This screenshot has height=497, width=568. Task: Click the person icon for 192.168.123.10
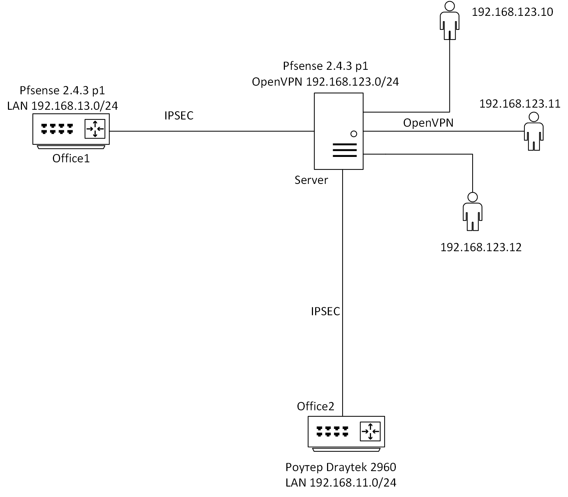[x=450, y=21]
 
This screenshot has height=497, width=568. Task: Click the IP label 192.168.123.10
[x=512, y=12]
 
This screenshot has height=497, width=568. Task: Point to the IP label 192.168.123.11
[x=520, y=104]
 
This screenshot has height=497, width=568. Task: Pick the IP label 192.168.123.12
[x=481, y=247]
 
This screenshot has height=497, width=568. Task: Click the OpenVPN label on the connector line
[x=428, y=123]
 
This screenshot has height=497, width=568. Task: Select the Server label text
[x=311, y=180]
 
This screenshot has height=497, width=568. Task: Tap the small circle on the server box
[x=354, y=134]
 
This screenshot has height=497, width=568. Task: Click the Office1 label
[x=71, y=158]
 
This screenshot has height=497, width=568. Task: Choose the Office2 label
[x=316, y=406]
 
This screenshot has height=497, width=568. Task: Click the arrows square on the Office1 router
[x=95, y=129]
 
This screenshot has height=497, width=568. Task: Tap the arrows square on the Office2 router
[x=370, y=431]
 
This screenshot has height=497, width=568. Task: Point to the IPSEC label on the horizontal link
[x=179, y=116]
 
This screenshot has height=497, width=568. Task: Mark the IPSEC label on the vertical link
[x=326, y=311]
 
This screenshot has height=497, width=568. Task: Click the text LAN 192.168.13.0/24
[x=63, y=106]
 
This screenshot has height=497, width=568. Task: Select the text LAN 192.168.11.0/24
[x=341, y=483]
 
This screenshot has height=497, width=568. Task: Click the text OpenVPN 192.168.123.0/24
[x=325, y=82]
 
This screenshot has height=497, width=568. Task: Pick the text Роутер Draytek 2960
[x=341, y=467]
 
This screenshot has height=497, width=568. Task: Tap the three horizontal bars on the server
[x=345, y=150]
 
